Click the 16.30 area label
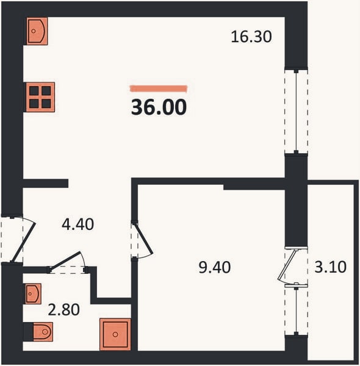pyautogui.click(x=251, y=37)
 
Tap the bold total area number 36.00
pyautogui.click(x=159, y=107)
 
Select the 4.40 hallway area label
pyautogui.click(x=77, y=224)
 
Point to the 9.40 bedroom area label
pyautogui.click(x=215, y=267)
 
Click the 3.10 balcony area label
pyautogui.click(x=330, y=267)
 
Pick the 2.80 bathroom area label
pyautogui.click(x=63, y=310)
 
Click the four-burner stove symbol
pyautogui.click(x=40, y=97)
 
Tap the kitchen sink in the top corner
pyautogui.click(x=37, y=31)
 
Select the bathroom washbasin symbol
pyautogui.click(x=33, y=293)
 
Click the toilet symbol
pyautogui.click(x=43, y=332)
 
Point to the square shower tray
pyautogui.click(x=115, y=334)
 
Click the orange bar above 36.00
pyautogui.click(x=159, y=89)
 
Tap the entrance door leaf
pyautogui.click(x=23, y=243)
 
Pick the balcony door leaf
pyautogui.click(x=287, y=265)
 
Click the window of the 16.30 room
pyautogui.click(x=296, y=111)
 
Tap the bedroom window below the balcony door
pyautogui.click(x=296, y=310)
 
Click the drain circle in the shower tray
pyautogui.click(x=115, y=334)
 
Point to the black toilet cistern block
pyautogui.click(x=28, y=332)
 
